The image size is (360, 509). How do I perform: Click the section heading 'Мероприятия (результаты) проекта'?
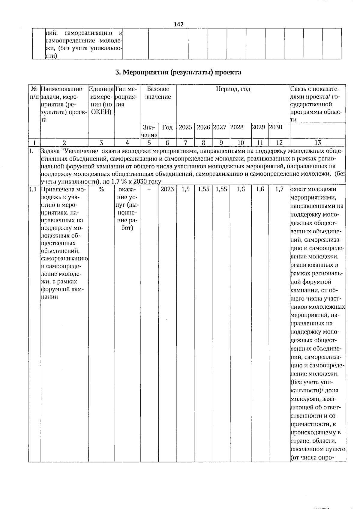[x=178, y=72]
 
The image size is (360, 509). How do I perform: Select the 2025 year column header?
[x=185, y=127]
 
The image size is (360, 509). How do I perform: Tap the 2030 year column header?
[x=276, y=127]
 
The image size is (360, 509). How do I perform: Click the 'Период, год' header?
[x=233, y=89]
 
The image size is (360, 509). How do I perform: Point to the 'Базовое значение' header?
[x=158, y=93]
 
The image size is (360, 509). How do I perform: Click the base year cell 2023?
[x=167, y=190]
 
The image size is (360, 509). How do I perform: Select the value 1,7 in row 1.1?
[x=279, y=190]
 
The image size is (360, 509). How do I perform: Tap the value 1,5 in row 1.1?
[x=185, y=190]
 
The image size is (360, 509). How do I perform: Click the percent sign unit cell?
[x=101, y=190]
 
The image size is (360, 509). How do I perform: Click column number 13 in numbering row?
[x=318, y=143]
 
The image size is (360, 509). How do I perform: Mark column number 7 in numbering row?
[x=185, y=143]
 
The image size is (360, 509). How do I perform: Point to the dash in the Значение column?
[x=149, y=190]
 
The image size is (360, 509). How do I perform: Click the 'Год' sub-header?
[x=167, y=127]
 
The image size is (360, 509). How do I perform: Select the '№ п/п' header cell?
[x=34, y=93]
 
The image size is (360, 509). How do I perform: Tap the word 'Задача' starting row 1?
[x=50, y=150]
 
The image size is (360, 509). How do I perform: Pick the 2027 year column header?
[x=220, y=127]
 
